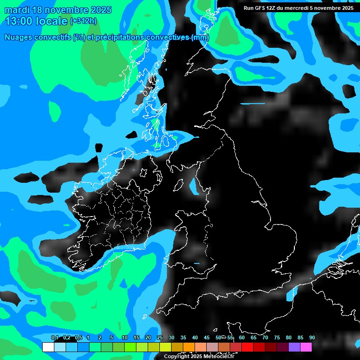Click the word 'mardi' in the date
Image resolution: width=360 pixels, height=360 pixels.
click(x=17, y=10)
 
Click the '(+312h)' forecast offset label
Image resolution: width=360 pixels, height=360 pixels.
click(x=83, y=21)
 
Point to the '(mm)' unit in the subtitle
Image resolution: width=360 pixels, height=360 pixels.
click(x=200, y=37)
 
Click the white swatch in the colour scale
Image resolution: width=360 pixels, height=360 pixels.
click(x=48, y=347)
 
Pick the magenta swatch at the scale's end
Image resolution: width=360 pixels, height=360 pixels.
click(x=306, y=347)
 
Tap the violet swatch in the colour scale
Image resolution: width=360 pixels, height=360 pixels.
click(x=294, y=347)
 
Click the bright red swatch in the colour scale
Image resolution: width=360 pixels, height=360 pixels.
click(x=247, y=347)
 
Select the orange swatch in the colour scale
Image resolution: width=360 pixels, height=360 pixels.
click(x=188, y=347)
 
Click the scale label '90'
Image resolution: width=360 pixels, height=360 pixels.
click(x=312, y=338)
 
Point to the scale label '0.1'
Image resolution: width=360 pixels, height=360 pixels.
click(x=54, y=338)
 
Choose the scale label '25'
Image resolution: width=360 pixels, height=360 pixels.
click(x=160, y=338)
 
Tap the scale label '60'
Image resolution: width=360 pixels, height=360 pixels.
click(x=242, y=338)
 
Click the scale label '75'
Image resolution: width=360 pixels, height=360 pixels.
click(x=277, y=338)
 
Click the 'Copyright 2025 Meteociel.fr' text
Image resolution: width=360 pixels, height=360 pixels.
click(x=199, y=356)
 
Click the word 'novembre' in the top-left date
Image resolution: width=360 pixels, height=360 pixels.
click(x=67, y=10)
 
